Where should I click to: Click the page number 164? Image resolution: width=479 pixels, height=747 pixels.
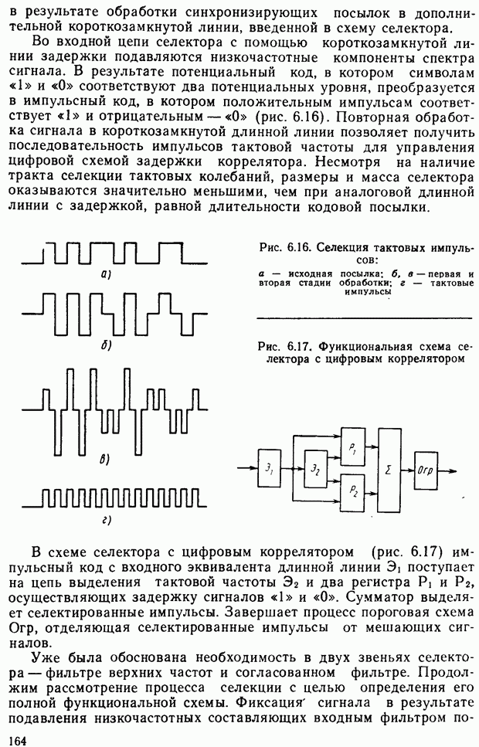pos(14,739)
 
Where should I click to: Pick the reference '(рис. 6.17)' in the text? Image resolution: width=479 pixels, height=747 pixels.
pos(406,553)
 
